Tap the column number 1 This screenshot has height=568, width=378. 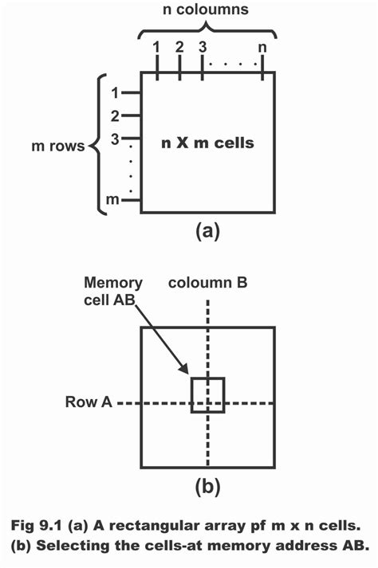[x=157, y=47]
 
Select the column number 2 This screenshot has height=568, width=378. [x=179, y=47]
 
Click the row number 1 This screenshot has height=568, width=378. [x=115, y=93]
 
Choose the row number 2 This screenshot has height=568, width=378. [x=115, y=116]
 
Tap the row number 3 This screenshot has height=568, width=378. [x=115, y=139]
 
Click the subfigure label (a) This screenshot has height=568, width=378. [x=207, y=232]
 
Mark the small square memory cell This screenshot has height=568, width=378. [x=208, y=395]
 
